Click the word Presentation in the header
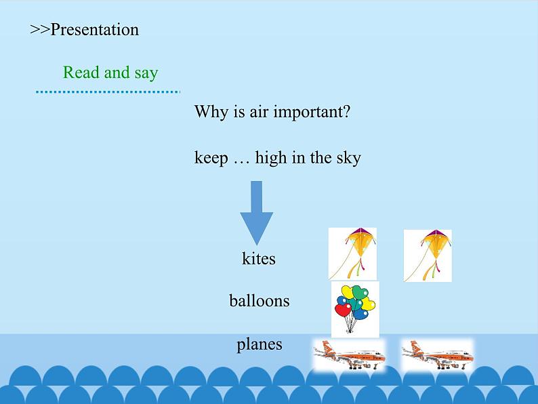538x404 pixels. pos(95,30)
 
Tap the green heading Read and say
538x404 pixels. pos(110,73)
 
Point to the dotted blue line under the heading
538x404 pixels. pos(108,92)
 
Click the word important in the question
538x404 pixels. pos(312,112)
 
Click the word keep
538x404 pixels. pos(211,158)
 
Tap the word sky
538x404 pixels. pos(348,158)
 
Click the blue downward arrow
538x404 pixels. pos(256,213)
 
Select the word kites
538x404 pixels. pos(259,258)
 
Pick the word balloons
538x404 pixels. pos(260,301)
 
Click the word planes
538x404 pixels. pos(260,344)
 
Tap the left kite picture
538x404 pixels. pos(352,254)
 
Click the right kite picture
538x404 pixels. pos(428,256)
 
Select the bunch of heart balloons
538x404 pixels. pos(355,309)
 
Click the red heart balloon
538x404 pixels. pos(343,310)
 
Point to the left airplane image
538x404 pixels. pos(349,355)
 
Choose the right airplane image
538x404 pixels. pos(438,355)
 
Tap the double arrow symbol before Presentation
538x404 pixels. pos(40,30)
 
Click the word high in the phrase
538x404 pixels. pos(271,158)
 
